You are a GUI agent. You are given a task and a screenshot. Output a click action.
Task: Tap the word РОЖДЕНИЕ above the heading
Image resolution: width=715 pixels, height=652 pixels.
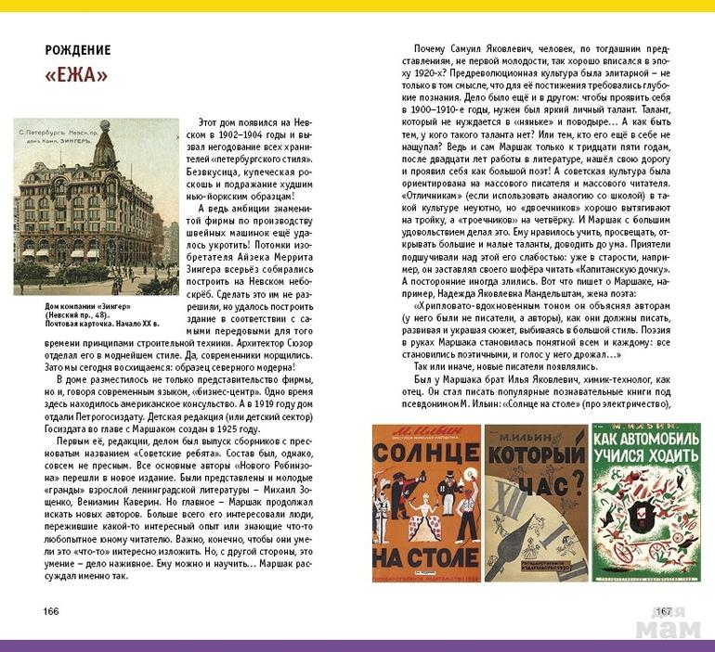click(x=78, y=50)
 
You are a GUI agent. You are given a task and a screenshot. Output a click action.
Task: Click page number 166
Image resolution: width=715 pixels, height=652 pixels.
click(x=51, y=611)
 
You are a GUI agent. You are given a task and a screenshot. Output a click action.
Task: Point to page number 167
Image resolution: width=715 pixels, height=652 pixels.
click(x=663, y=611)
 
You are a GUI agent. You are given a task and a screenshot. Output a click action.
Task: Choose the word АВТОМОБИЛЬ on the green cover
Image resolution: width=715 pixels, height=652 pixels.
click(x=647, y=455)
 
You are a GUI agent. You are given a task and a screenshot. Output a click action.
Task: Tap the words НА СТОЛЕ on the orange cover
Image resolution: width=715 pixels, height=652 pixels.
click(x=426, y=556)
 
